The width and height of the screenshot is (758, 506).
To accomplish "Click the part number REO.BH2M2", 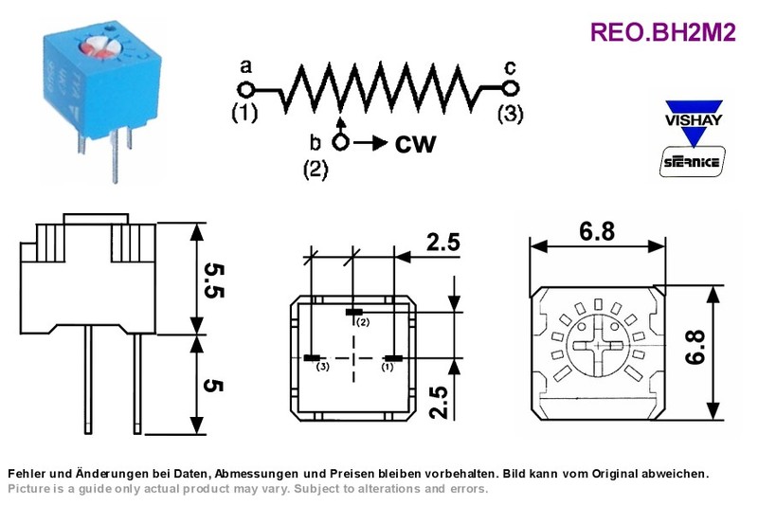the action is coord(662,32).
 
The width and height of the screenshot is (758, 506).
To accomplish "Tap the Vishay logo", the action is coord(694,122).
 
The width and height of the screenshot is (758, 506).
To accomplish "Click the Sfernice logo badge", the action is coord(693,161).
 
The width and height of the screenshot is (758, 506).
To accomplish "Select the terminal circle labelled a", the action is coord(246,90).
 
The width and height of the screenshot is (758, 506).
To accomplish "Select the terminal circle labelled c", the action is coord(511,88).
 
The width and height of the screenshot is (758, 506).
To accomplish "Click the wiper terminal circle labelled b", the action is coord(341,142).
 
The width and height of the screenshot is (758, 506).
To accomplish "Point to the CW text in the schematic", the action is coord(415,143).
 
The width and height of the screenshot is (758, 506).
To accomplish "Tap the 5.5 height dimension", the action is coord(213,280).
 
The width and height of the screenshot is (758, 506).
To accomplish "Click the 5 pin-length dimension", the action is coord(213,385).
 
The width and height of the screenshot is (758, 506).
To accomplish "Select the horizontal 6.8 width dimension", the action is coord(598,231).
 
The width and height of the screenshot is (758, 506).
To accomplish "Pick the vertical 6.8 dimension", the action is coord(695,347).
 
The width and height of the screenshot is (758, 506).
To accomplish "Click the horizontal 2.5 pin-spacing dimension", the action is coord(442,242).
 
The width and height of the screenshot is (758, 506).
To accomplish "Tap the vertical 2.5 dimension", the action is coord(439,402).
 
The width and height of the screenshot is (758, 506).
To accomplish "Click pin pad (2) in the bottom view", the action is coord(354,312).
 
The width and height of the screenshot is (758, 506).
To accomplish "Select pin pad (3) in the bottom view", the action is coord(313,358).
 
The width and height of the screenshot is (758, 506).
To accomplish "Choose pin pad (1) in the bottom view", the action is coord(393,358).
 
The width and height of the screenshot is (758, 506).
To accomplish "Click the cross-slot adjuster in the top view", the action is coord(599,346).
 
